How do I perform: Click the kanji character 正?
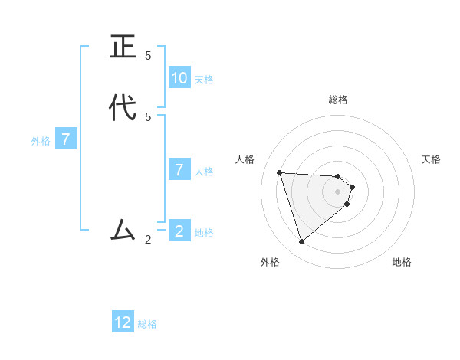pyautogui.click(x=123, y=47)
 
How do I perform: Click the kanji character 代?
pyautogui.click(x=123, y=107)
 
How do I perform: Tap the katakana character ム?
pyautogui.click(x=123, y=230)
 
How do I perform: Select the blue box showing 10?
pyautogui.click(x=179, y=77)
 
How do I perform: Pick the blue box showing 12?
pyautogui.click(x=123, y=322)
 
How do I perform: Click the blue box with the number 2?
pyautogui.click(x=179, y=231)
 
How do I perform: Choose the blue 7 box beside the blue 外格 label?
pyautogui.click(x=67, y=139)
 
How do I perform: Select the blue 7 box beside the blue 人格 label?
pyautogui.click(x=179, y=169)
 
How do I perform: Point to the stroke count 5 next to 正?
pyautogui.click(x=148, y=56)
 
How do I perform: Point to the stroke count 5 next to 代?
pyautogui.click(x=148, y=116)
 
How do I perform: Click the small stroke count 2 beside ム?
pyautogui.click(x=148, y=240)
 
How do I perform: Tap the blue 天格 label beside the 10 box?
pyautogui.click(x=204, y=80)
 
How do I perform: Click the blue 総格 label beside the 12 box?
pyautogui.click(x=147, y=325)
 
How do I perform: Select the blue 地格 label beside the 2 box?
pyautogui.click(x=204, y=233)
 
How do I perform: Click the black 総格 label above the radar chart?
pyautogui.click(x=338, y=100)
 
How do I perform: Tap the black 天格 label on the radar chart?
pyautogui.click(x=431, y=159)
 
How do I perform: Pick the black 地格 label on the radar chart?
pyautogui.click(x=402, y=262)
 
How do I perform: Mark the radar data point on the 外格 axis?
pyautogui.click(x=301, y=242)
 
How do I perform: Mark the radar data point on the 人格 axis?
pyautogui.click(x=280, y=172)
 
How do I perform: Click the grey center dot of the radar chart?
pyautogui.click(x=338, y=191)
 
